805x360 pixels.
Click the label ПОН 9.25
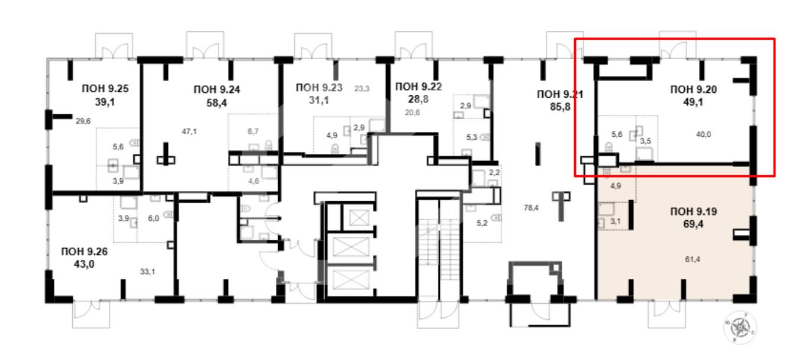[x=105, y=88]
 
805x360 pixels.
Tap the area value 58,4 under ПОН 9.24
[x=217, y=103]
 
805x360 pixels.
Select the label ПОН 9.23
[x=319, y=88]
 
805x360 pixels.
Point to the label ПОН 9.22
[x=418, y=86]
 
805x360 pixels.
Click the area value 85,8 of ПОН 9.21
[x=561, y=107]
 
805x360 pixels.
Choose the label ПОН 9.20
[x=694, y=89]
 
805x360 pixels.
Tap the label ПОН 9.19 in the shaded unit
[x=694, y=211]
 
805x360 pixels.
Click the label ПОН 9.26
[x=85, y=252]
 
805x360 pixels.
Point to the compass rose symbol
[x=740, y=327]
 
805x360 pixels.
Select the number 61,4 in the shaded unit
[x=693, y=259]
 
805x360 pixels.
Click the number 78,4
[x=531, y=207]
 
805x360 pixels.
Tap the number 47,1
[x=189, y=131]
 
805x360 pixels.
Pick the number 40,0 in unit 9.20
[x=703, y=134]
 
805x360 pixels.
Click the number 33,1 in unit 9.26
[x=147, y=272]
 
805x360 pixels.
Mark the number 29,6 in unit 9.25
[x=83, y=121]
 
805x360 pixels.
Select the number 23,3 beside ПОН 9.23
[x=362, y=88]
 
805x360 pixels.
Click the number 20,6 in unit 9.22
[x=413, y=112]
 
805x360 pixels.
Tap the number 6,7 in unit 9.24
[x=253, y=131]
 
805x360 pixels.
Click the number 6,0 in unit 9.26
[x=153, y=218]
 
